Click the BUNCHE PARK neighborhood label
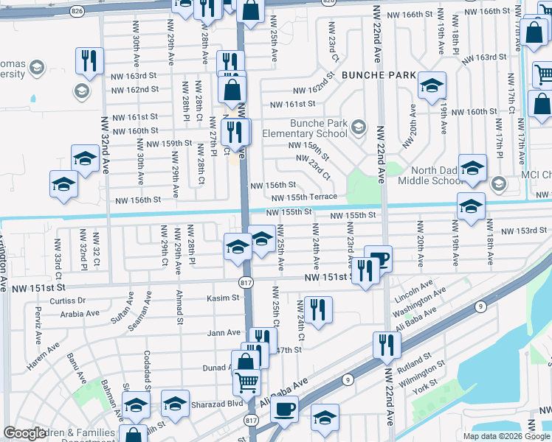point(375,76)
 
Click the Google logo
point(24,432)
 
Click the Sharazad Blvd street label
point(224,404)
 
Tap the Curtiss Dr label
point(68,301)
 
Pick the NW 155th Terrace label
point(303,197)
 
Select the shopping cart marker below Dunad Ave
point(247,382)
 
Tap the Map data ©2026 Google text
point(506,436)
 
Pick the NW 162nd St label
point(135,90)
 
